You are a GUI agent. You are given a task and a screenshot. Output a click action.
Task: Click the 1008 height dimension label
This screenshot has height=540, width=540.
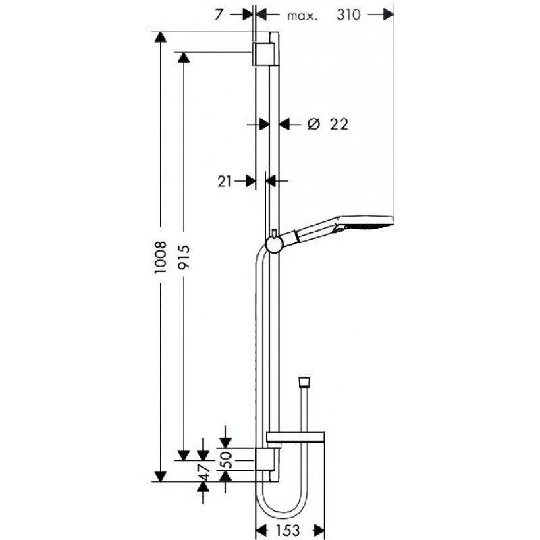coord(161,257)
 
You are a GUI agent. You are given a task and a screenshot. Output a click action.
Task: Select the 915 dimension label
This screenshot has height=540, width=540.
coord(184,257)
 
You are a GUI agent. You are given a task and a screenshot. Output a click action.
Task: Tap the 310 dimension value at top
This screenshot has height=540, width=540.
coord(348,15)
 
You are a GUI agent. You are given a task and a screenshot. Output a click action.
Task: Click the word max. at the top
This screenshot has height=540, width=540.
coord(302,16)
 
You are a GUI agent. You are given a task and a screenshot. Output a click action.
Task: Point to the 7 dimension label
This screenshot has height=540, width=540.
coord(219,15)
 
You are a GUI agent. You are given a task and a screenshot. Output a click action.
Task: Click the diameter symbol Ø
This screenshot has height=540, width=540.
coord(314,124)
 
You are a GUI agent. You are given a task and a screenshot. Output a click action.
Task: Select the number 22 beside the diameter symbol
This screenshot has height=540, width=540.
coord(340,124)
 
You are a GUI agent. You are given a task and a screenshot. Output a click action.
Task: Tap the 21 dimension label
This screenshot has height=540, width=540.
coord(225,182)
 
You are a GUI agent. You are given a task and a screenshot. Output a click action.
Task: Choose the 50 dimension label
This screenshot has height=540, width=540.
coord(226,460)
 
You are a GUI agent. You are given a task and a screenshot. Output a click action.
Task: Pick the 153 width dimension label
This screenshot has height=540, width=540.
coord(288,531)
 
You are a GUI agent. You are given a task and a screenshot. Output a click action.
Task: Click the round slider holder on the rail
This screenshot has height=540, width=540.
coord(275,244)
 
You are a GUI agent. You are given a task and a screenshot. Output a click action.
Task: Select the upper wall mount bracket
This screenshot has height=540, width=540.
coord(265,54)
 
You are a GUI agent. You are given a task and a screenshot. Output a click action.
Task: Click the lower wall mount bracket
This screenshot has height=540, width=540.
coord(265,460)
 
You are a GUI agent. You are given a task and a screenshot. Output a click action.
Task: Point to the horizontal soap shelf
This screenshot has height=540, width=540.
coord(295,437)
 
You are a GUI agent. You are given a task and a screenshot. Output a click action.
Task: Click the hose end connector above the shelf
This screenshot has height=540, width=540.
coord(304,381)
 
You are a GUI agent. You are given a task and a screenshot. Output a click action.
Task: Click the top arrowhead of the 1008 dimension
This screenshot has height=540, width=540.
coord(161,37)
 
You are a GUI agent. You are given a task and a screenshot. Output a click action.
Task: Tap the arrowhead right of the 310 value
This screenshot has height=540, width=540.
coord(388,14)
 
